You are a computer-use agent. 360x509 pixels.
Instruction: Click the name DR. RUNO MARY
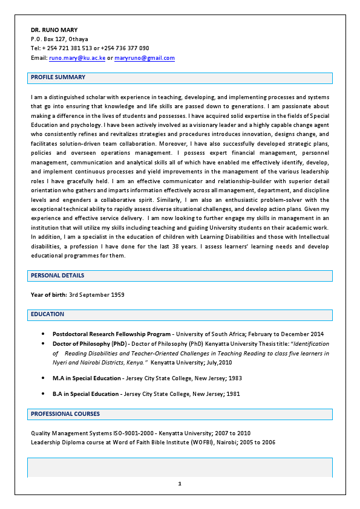tap(54, 30)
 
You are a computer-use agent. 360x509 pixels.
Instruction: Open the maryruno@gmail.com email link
tap(145, 58)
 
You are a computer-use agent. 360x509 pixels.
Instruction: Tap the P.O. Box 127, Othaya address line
tap(59, 39)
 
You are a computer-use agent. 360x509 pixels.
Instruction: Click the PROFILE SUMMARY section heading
tap(58, 77)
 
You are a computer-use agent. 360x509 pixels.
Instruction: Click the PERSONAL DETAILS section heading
tap(57, 276)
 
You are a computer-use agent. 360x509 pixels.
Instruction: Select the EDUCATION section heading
tap(47, 314)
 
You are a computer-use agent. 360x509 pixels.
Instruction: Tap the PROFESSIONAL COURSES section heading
tap(65, 414)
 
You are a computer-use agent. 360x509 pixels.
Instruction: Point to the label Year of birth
tap(48, 295)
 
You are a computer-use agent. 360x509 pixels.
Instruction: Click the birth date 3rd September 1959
tap(97, 295)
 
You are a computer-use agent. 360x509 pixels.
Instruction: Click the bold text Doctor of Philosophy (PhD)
tap(89, 343)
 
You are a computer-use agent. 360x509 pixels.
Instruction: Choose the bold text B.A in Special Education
tap(85, 394)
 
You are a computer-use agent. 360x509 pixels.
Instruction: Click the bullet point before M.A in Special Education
tap(43, 378)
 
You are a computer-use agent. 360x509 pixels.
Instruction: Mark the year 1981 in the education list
tap(234, 394)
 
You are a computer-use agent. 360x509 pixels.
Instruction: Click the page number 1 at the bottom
tap(180, 484)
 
